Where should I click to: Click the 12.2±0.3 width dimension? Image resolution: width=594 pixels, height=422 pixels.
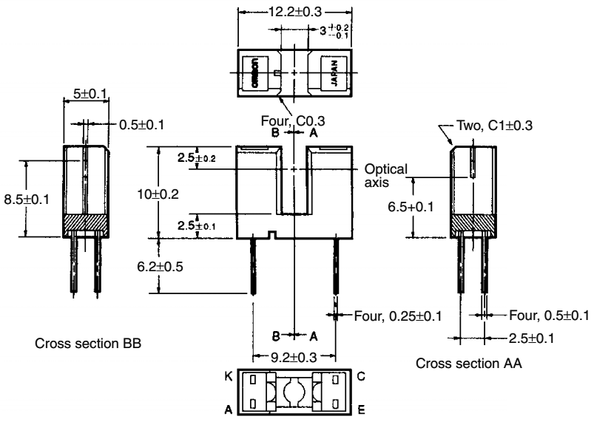(295, 13)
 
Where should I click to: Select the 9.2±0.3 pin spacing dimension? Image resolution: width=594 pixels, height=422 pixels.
(294, 357)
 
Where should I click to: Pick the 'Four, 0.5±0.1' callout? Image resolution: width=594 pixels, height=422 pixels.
(548, 316)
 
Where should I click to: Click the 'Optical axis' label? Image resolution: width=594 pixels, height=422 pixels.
(385, 175)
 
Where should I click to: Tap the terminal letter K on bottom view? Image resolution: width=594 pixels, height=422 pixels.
(229, 377)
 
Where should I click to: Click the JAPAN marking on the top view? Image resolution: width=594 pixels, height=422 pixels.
(333, 74)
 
